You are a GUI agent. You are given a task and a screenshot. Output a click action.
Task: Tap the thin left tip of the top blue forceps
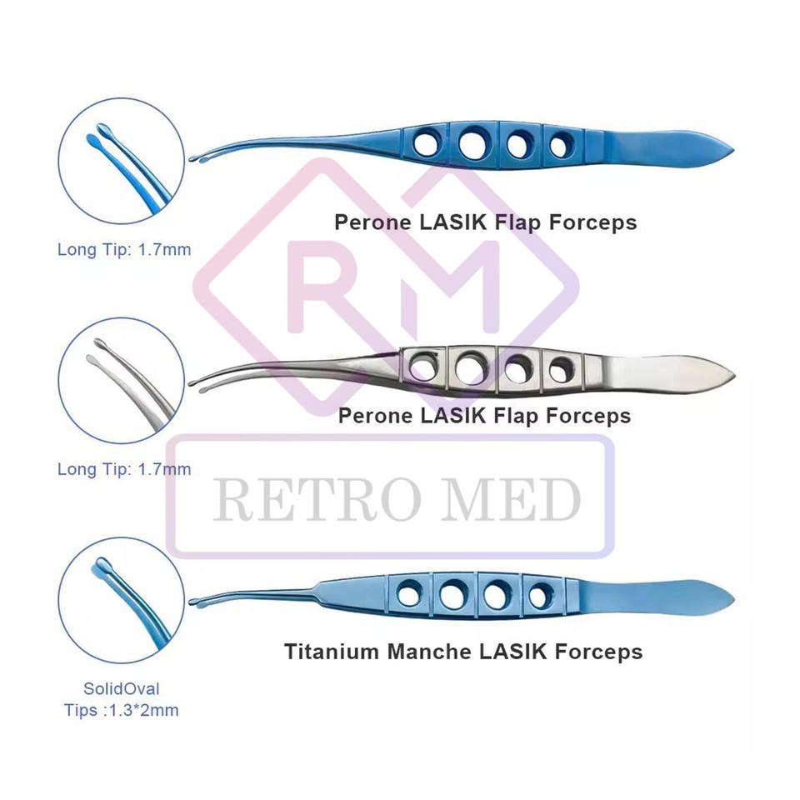(196, 158)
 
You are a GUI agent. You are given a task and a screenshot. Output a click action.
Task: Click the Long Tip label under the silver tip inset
(124, 469)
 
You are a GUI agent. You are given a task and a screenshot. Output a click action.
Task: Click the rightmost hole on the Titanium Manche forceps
(541, 596)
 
